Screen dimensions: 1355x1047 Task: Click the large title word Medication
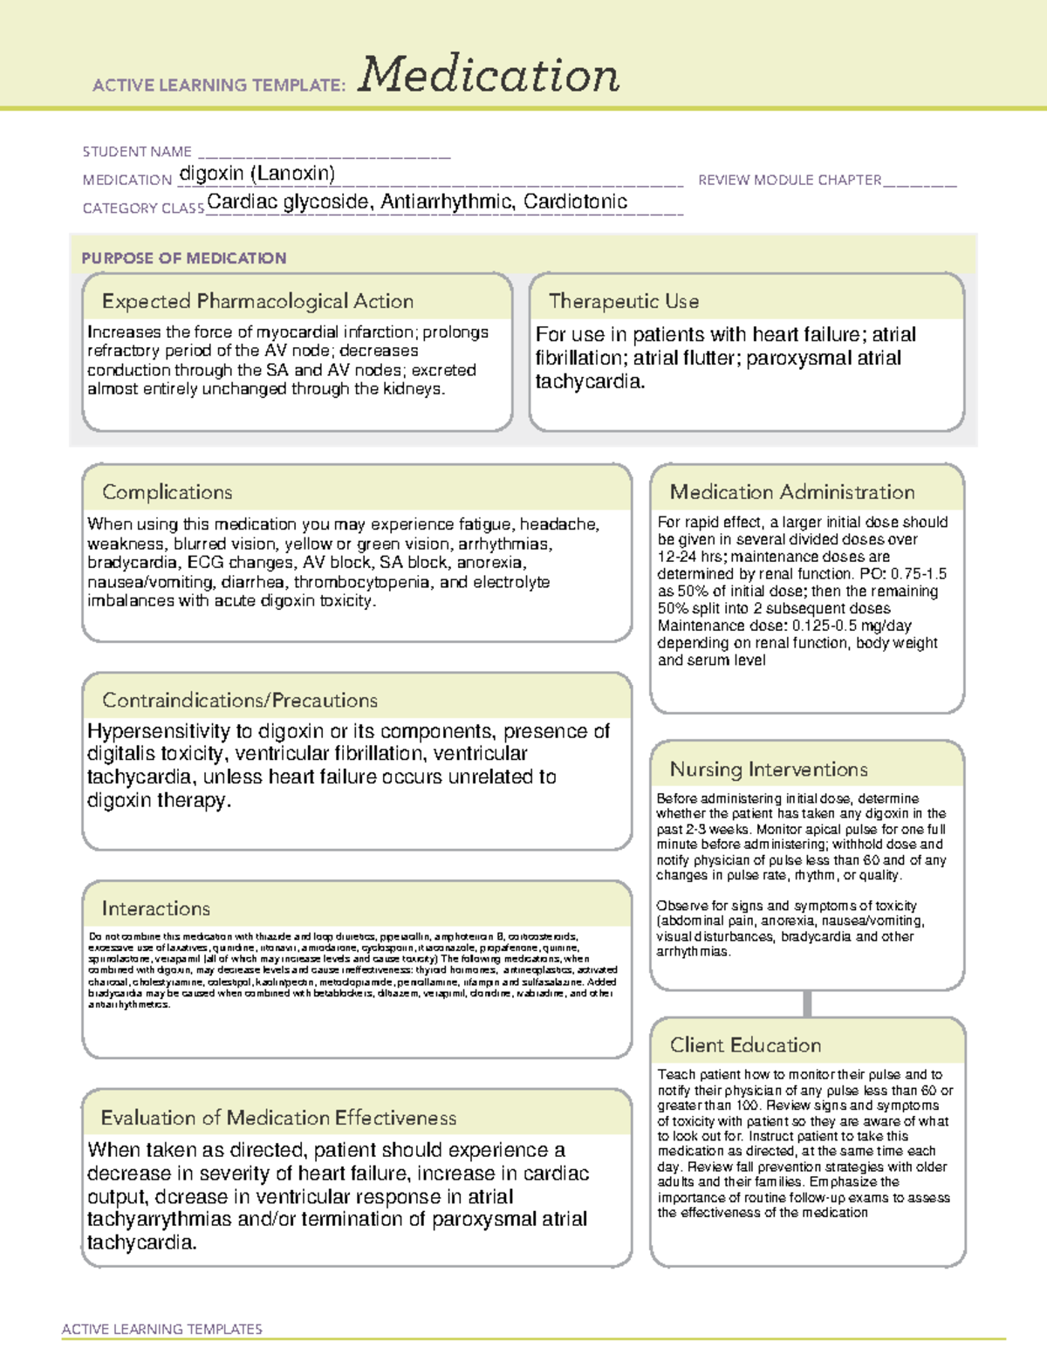coord(489,75)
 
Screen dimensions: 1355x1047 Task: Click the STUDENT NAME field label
coord(137,152)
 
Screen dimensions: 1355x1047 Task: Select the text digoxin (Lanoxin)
coord(257,174)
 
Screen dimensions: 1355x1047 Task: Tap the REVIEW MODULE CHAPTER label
coord(790,180)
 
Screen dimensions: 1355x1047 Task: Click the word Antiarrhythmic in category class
coord(446,202)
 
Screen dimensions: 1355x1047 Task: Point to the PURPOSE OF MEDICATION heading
coord(183,258)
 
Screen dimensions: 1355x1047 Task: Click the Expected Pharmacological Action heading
coord(257,301)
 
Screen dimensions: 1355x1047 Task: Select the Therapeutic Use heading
coord(623,301)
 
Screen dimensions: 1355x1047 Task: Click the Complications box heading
coord(167,492)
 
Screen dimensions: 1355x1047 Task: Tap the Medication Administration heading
coord(791,492)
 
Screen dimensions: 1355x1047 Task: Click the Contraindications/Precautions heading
coord(239,700)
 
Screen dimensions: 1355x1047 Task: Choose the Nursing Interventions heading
coord(768,769)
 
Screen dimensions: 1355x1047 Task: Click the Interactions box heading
coord(155,908)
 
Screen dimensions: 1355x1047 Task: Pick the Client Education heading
coord(745,1044)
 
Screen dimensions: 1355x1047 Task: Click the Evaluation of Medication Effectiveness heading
coord(278,1118)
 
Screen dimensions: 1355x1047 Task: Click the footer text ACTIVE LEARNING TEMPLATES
coord(162,1329)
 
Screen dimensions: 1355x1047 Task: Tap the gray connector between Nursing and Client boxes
coord(807,1003)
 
